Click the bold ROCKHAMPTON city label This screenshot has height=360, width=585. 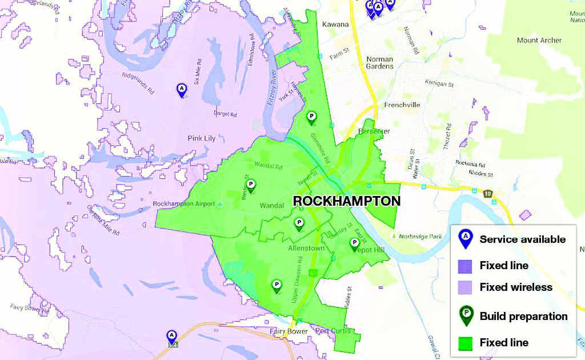point(346,201)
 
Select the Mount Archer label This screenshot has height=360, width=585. point(539,41)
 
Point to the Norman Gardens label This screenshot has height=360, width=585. point(380,62)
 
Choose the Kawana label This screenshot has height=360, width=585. point(335,25)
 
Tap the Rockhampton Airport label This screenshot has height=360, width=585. point(184,204)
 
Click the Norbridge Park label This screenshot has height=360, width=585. point(419,235)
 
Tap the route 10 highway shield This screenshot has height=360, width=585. point(487,195)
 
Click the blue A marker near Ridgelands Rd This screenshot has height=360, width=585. point(182,89)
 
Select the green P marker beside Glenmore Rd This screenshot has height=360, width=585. point(311,117)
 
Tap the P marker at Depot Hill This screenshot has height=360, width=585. point(354,244)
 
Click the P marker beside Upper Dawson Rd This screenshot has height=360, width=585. point(277,285)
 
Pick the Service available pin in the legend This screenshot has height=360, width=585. point(466,238)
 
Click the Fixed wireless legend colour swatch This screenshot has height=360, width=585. point(464,287)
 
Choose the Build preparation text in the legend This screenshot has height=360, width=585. point(523,316)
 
